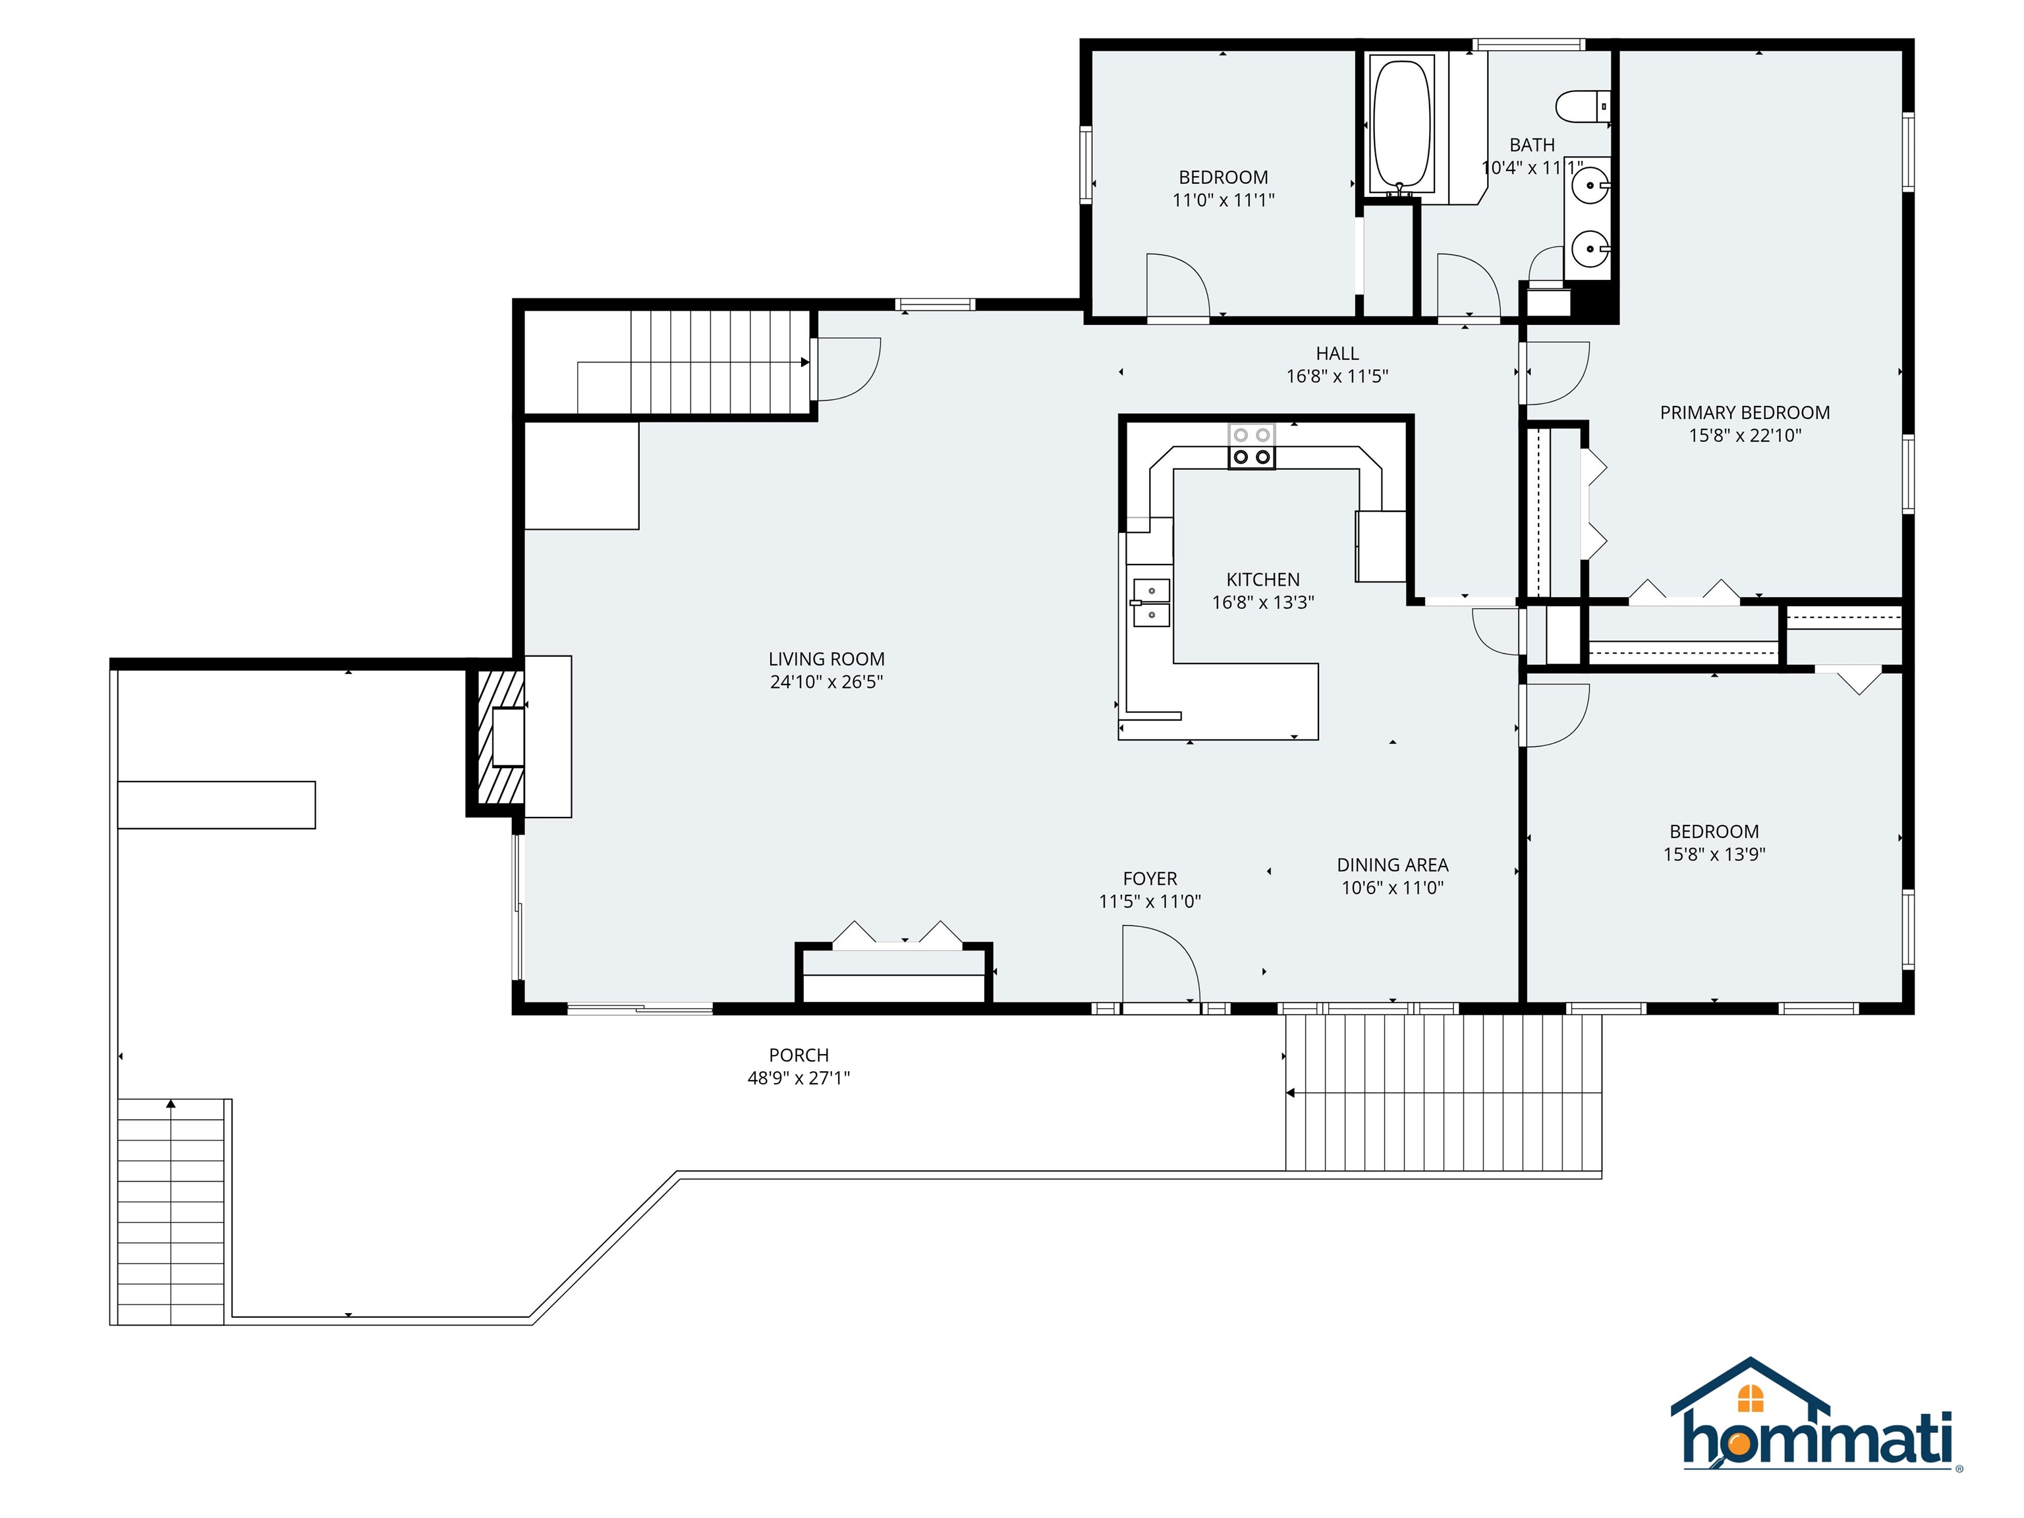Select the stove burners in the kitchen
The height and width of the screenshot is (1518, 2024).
[x=1251, y=447]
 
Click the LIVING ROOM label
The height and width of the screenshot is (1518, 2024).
[x=826, y=659]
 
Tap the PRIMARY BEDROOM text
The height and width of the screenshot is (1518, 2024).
[x=1745, y=412]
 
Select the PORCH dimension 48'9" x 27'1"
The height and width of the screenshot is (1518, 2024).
[x=799, y=1078]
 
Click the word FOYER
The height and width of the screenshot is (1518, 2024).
[x=1150, y=878]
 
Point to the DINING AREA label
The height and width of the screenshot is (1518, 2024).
[x=1393, y=864]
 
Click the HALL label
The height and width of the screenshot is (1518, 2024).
[x=1337, y=353]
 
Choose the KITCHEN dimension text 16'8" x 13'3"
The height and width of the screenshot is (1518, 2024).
[x=1263, y=602]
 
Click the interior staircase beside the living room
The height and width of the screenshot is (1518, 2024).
[x=695, y=362]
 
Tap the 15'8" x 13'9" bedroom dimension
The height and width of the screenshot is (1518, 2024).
[x=1714, y=855]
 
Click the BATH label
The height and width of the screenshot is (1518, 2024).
[x=1532, y=144]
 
